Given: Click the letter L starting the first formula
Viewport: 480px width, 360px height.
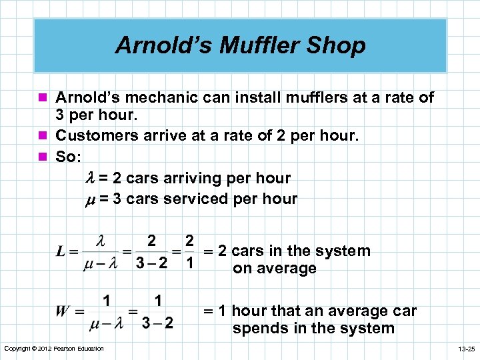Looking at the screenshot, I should coord(61,252).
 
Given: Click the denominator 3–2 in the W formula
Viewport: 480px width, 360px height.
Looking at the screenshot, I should coord(158,323).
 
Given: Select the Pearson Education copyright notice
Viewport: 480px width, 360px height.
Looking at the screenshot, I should coord(54,349).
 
